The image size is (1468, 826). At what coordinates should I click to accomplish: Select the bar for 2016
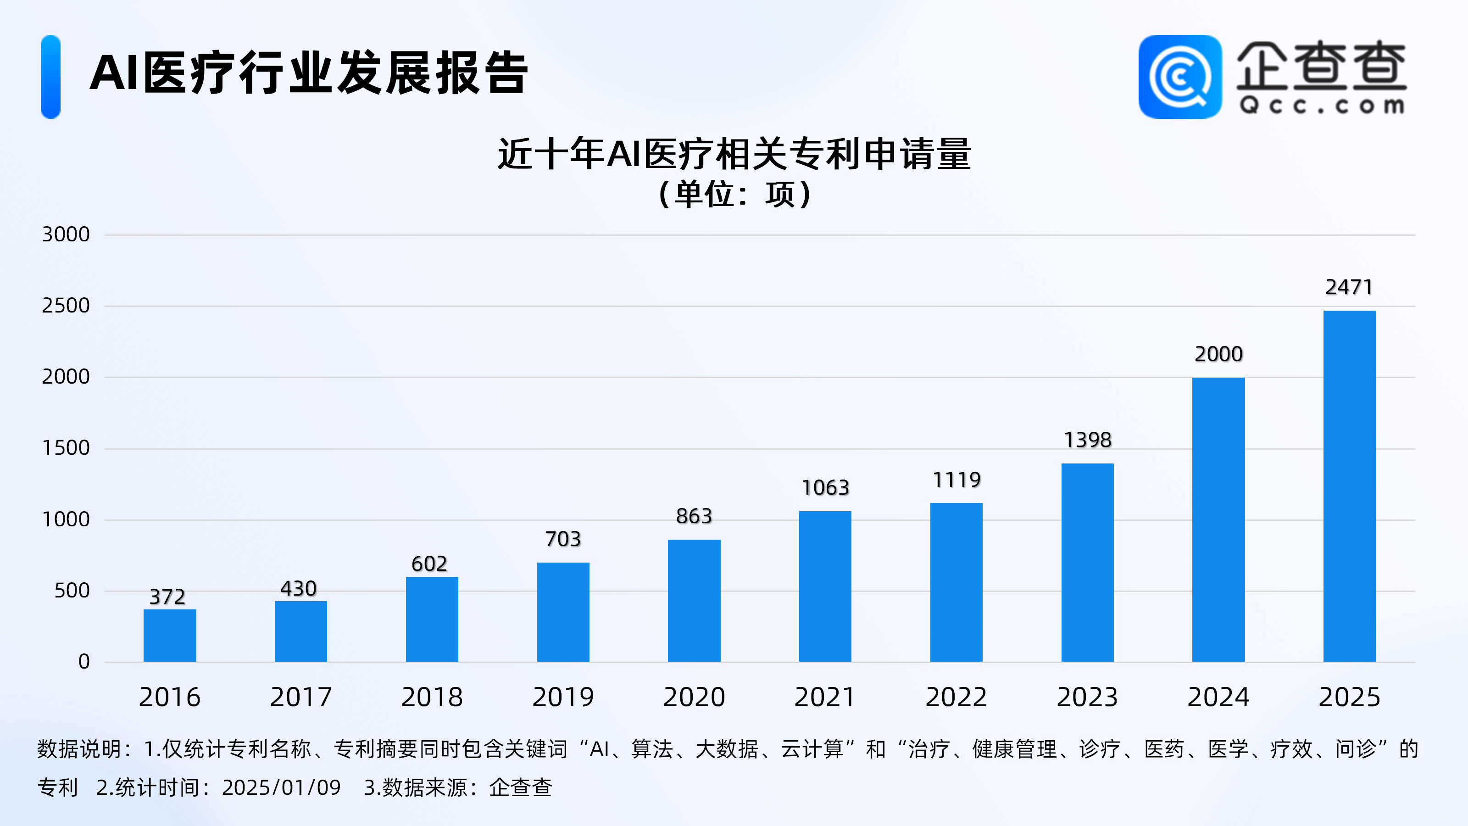point(170,635)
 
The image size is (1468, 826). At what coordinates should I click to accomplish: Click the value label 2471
point(1349,287)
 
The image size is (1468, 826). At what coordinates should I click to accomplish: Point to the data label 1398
point(1087,440)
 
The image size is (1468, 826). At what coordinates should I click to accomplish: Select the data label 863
point(694,516)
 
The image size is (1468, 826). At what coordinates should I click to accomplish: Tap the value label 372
point(167,597)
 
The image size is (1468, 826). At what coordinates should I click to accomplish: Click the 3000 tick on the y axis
point(66,234)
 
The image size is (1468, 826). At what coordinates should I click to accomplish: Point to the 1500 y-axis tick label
point(66,448)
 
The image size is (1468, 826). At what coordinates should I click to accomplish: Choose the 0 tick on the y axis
point(84,662)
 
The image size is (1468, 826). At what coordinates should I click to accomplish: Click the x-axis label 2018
point(432,697)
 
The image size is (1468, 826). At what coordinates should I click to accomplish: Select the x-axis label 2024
point(1218,697)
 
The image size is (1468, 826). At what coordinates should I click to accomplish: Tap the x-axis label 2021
point(825,697)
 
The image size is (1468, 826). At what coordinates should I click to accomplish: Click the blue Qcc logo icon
point(1179,77)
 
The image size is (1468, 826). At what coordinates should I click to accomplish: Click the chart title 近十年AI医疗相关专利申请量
point(734,154)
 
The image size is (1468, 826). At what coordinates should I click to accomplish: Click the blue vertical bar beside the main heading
point(51,77)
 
